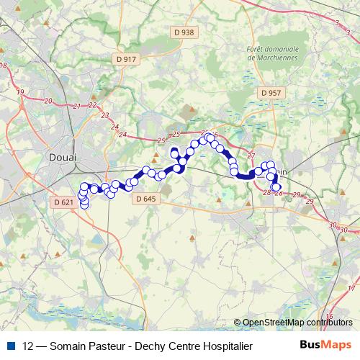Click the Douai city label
tap(66, 156)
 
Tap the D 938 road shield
tap(184, 32)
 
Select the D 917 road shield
tap(125, 59)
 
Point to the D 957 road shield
tap(271, 93)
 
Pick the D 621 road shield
tap(64, 202)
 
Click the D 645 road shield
tap(145, 199)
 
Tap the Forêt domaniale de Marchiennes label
tap(271, 53)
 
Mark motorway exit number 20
tap(48, 101)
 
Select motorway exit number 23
tap(106, 116)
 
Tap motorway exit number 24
tap(123, 135)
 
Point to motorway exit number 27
tap(251, 156)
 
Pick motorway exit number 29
tap(310, 202)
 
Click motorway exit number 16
tap(328, 317)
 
